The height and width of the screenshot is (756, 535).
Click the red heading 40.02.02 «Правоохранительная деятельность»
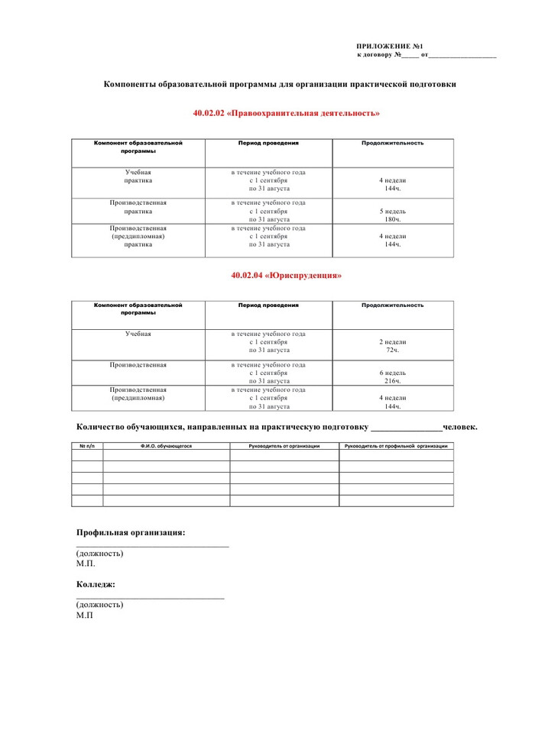point(287,113)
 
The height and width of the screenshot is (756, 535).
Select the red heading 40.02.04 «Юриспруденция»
point(287,276)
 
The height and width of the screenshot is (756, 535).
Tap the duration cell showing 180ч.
point(393,220)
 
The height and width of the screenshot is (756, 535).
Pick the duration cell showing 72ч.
point(393,350)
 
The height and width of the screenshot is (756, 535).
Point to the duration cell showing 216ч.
point(393,380)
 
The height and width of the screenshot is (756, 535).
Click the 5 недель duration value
point(393,212)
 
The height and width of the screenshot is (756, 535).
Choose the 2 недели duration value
point(393,342)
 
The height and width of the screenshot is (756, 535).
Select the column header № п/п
point(86,445)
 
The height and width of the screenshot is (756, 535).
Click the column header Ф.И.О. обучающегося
point(166,445)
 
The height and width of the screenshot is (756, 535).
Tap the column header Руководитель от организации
point(284,445)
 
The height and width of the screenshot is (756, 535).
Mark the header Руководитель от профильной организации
point(396,445)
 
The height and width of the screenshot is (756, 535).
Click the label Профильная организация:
point(131,532)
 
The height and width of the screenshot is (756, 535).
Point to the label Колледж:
point(96,584)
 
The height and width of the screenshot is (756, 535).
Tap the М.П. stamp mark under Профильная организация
point(86,564)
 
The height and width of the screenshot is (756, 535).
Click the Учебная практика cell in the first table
point(138,176)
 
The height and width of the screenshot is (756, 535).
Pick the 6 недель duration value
point(393,372)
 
